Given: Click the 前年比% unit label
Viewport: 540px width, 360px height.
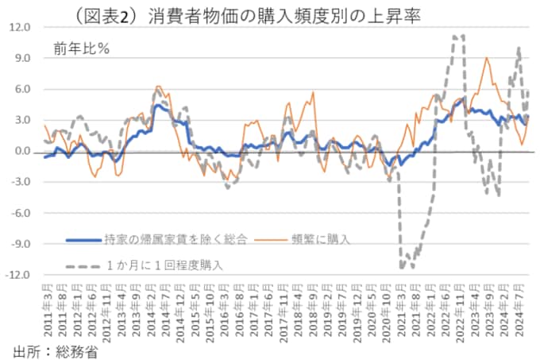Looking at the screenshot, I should pos(82,47).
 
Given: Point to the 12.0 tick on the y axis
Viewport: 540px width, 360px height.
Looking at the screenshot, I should pos(21,27).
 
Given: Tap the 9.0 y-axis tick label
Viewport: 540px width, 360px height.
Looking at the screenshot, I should pos(23,58).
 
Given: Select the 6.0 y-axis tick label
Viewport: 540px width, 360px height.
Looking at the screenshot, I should pos(23,89).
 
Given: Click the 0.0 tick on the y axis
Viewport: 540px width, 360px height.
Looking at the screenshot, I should pos(23,151).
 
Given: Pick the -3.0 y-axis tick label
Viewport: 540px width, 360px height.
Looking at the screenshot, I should pos(21,182).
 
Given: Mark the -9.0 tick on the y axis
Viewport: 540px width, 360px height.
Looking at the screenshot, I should pos(21,244).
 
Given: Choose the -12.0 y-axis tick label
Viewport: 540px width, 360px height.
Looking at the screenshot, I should pos(19,275).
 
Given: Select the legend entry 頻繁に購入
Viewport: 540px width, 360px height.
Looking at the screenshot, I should pos(317,237).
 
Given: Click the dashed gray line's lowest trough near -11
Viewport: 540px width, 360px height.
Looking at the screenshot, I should pos(402,268).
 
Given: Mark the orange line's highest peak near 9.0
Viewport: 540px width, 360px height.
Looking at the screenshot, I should pos(487,58).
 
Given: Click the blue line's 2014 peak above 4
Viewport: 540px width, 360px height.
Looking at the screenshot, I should pos(158,105).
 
